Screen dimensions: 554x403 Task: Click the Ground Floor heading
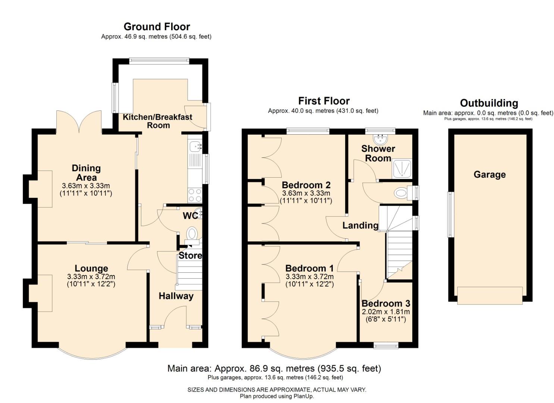157,27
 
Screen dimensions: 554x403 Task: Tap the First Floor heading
324,101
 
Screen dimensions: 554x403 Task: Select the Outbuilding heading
489,103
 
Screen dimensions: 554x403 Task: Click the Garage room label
490,175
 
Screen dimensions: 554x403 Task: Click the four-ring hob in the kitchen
195,195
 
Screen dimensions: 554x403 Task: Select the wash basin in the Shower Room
380,140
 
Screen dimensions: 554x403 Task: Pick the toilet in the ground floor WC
192,235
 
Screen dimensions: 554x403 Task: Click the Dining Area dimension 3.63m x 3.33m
86,185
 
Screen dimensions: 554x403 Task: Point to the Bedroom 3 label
386,303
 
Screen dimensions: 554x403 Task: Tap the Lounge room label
91,268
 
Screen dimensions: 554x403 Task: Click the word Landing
360,225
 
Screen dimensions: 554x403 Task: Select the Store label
190,256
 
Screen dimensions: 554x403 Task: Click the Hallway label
176,296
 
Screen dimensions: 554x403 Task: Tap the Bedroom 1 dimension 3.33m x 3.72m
310,277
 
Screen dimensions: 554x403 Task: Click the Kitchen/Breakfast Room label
157,121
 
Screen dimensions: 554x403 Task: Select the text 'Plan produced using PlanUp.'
277,396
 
